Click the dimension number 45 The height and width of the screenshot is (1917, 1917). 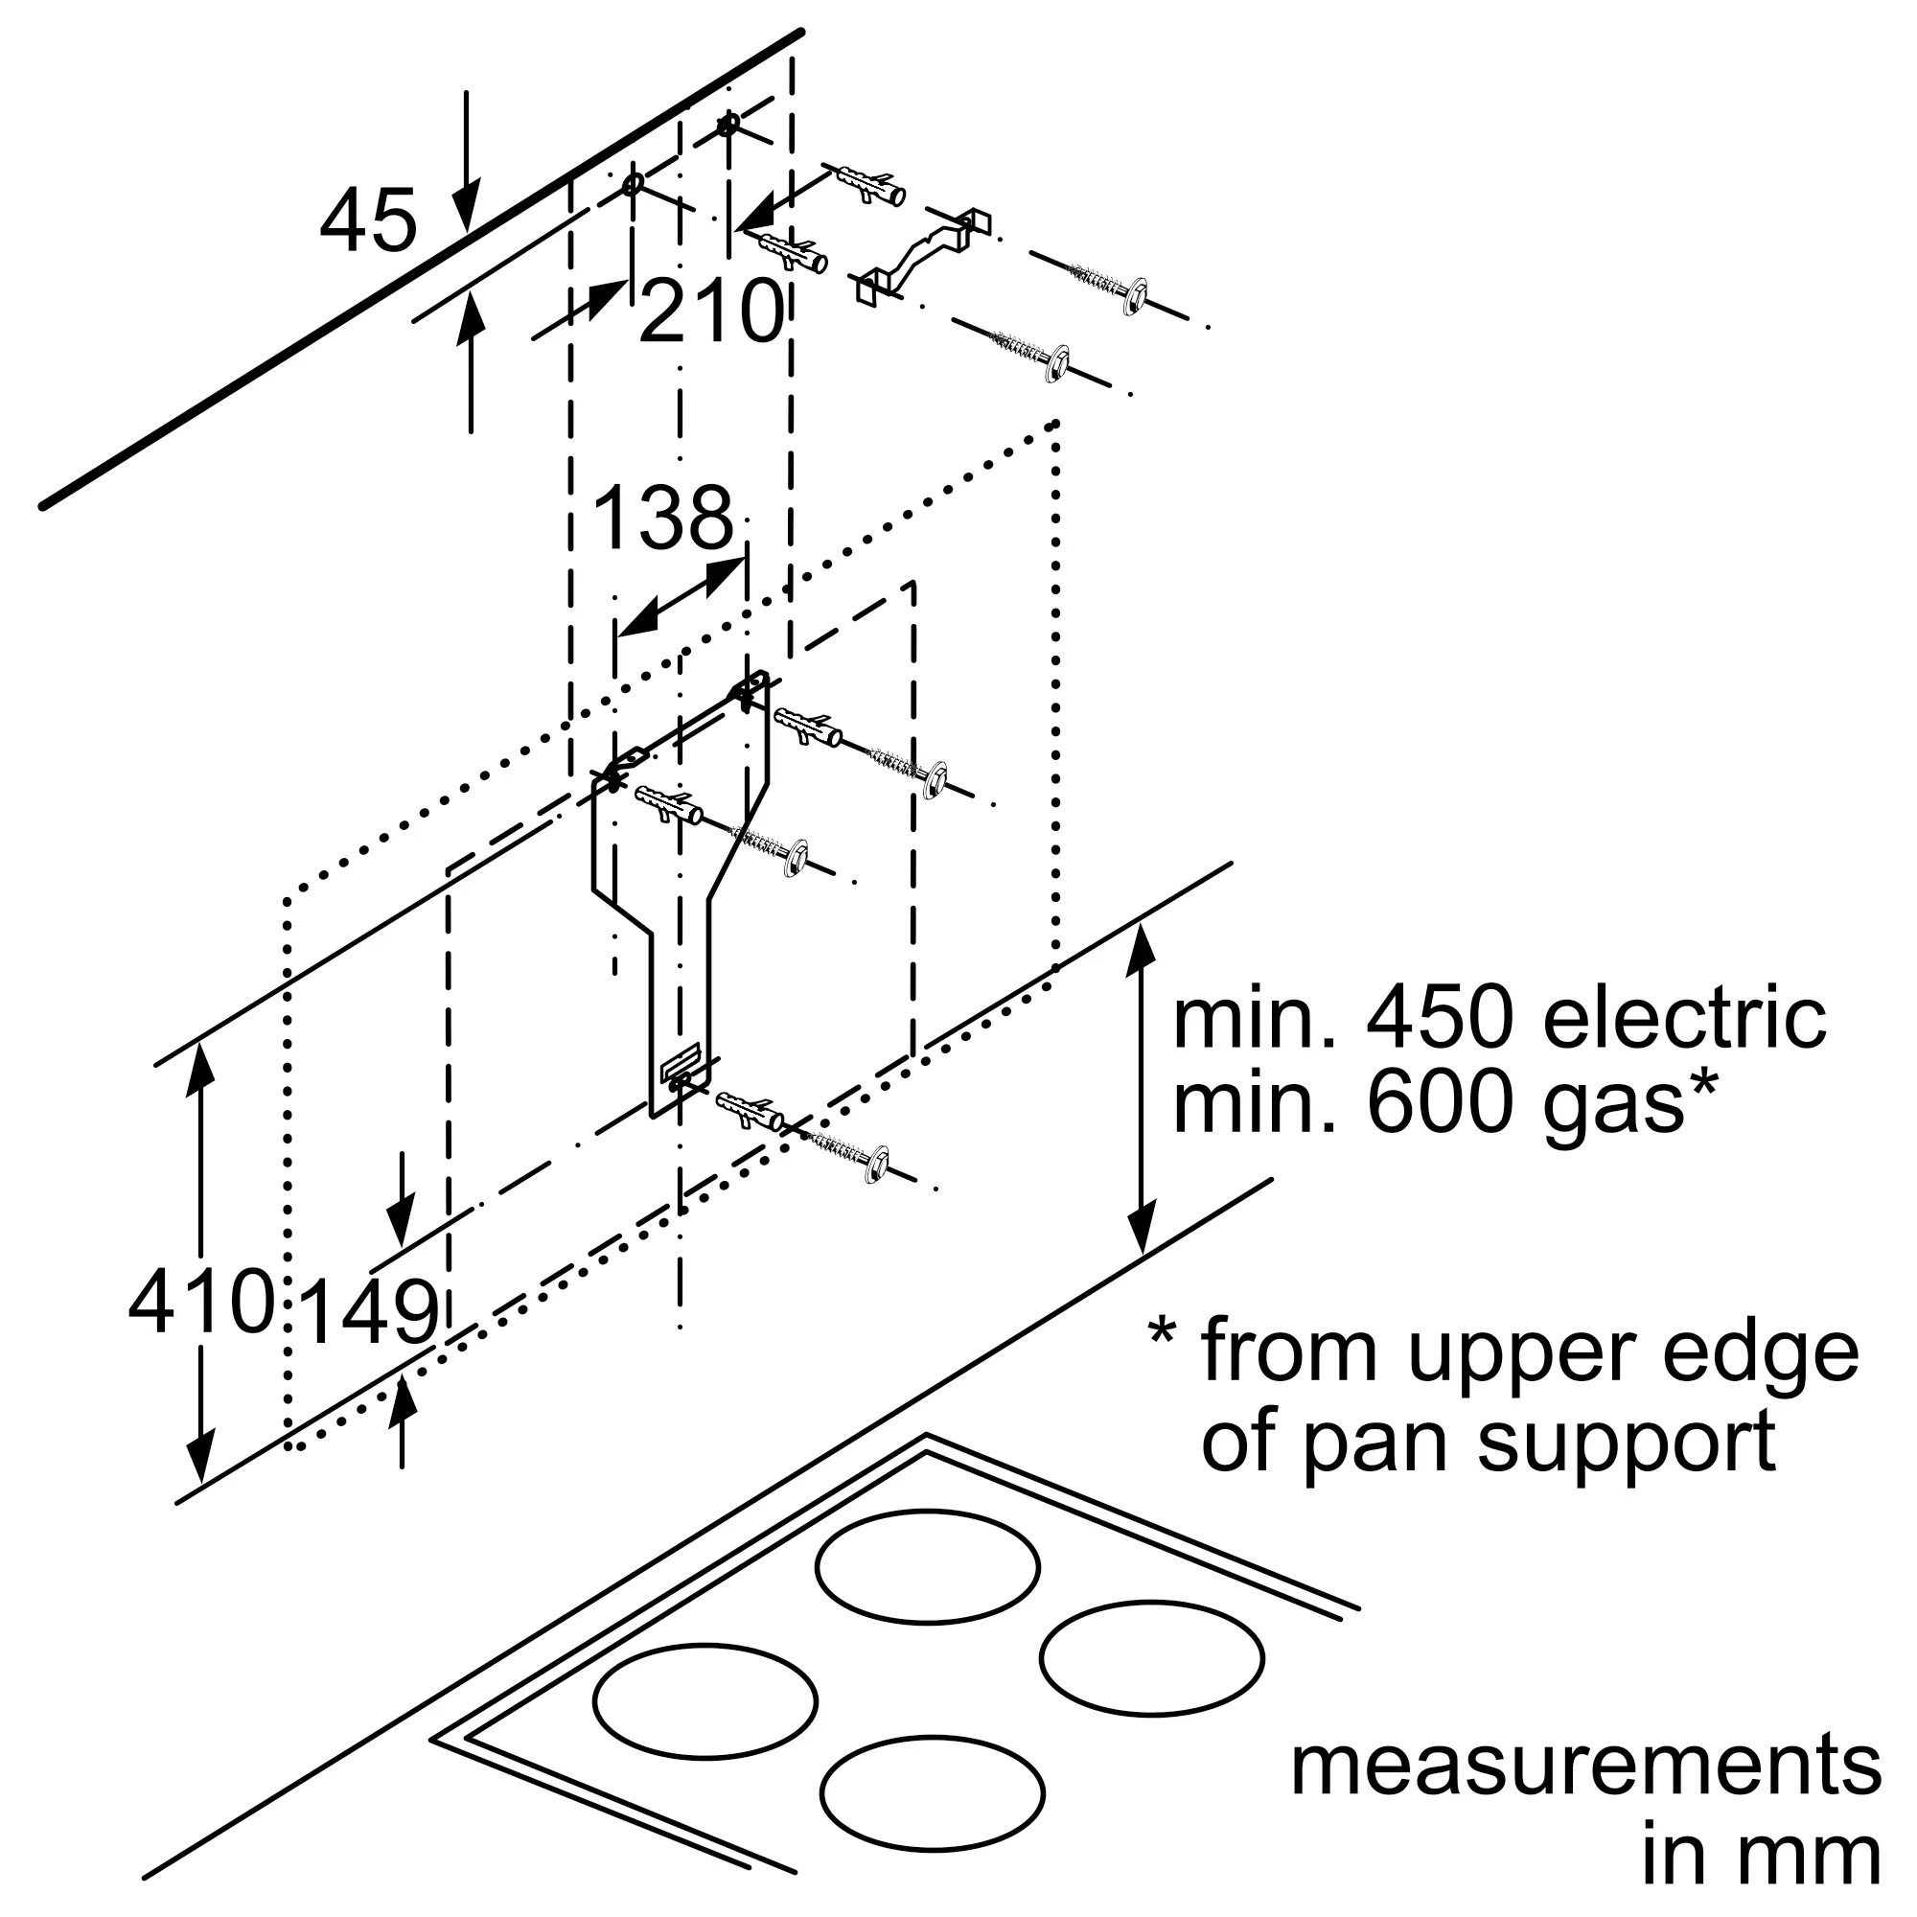368,221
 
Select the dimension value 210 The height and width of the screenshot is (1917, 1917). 711,312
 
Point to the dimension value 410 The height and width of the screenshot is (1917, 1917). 201,1301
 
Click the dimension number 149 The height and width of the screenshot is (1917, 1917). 368,1313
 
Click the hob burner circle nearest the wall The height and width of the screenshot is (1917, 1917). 928,1567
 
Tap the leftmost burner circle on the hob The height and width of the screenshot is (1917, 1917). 705,1699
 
